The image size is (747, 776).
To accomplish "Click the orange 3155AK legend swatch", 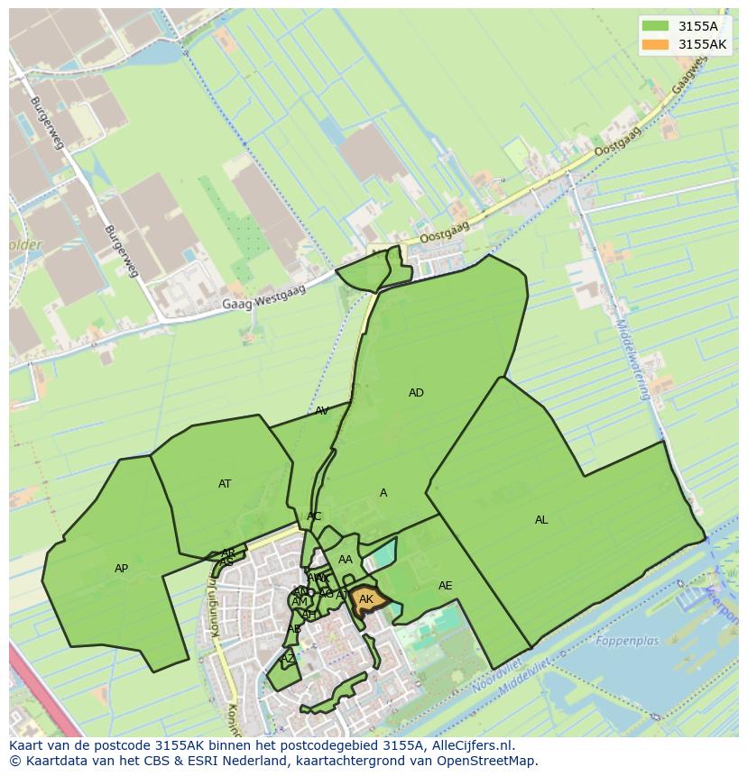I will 655,44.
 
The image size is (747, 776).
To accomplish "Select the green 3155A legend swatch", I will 655,26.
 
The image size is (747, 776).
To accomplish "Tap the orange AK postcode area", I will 367,600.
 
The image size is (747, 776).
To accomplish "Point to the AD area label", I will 416,393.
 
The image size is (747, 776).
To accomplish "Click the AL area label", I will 541,520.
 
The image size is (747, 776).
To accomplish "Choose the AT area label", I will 225,484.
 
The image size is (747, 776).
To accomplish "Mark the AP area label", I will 122,569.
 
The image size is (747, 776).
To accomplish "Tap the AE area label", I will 445,586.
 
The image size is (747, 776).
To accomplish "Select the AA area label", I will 346,560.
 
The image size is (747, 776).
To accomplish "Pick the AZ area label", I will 288,659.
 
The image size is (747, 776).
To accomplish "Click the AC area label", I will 314,516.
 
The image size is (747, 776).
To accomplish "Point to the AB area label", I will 294,628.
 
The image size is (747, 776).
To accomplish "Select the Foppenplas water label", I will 628,642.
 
